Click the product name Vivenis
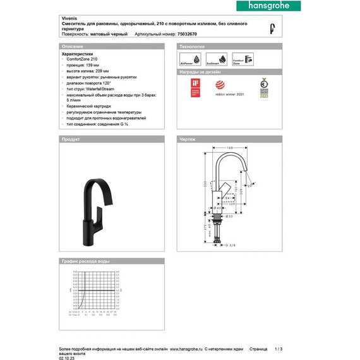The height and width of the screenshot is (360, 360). click(x=69, y=19)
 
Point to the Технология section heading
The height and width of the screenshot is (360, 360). click(x=192, y=47)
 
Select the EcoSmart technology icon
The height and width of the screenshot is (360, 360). click(x=213, y=61)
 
